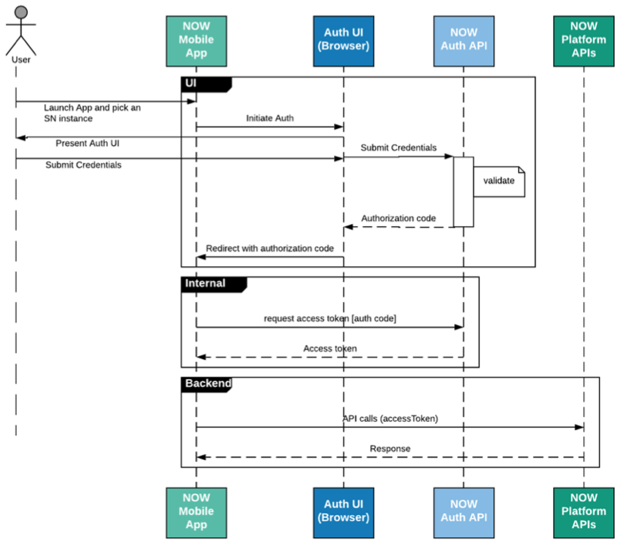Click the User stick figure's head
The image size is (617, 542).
coord(21,12)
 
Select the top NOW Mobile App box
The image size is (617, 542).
coord(197,41)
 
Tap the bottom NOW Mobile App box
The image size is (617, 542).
coord(197,513)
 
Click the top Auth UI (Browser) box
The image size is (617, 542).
coord(343,41)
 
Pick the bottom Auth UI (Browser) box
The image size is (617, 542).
coord(343,513)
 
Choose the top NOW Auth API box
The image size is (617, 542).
coord(464,41)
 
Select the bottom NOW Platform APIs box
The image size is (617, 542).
coord(584,513)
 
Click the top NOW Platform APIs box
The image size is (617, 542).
coord(584,41)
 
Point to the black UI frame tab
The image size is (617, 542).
coord(206,84)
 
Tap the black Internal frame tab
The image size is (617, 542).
coord(214,284)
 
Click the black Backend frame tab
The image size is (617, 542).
coord(206,384)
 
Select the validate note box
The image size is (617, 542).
coord(499,181)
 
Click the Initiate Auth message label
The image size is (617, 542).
coord(270,118)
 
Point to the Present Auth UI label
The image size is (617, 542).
coord(87,143)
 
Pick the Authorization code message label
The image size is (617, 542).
coord(399,218)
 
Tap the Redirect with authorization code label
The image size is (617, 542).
coord(270,249)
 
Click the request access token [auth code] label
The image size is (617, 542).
coord(330,318)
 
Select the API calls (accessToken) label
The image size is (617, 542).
coord(390,418)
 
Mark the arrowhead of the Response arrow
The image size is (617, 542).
coord(201,457)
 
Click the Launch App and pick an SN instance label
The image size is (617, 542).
coord(92,113)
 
